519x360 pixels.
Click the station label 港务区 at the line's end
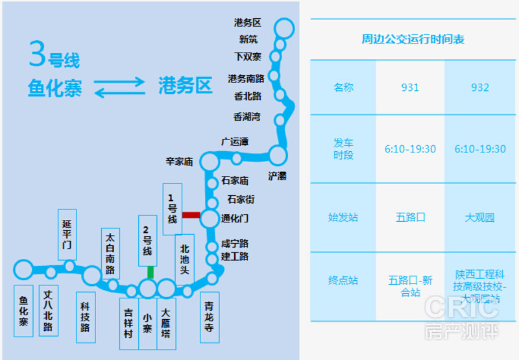(x=247, y=23)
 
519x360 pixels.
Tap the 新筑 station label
(x=248, y=40)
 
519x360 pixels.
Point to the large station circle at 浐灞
(x=278, y=155)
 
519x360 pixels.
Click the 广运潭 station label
(x=234, y=141)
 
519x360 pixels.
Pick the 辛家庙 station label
(x=180, y=162)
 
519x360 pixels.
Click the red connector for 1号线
(x=191, y=215)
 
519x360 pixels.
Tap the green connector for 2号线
(x=151, y=272)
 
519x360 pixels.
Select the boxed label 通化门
(x=235, y=218)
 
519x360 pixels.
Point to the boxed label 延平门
(x=67, y=234)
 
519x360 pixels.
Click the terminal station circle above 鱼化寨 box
(x=23, y=269)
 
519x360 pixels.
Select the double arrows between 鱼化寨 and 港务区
(x=120, y=87)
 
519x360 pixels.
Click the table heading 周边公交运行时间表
(x=413, y=40)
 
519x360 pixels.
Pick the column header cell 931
(x=410, y=88)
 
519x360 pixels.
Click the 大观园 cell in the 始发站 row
(x=480, y=217)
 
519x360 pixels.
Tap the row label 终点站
(x=343, y=281)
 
